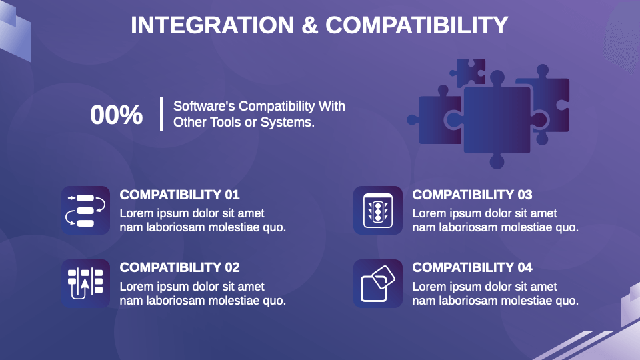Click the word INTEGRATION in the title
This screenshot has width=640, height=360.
(212, 25)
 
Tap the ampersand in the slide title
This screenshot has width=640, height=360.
(310, 25)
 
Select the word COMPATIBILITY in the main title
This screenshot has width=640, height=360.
(417, 25)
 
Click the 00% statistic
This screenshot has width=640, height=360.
(116, 114)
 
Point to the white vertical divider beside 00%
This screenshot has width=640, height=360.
(161, 114)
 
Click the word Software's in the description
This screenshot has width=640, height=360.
(204, 106)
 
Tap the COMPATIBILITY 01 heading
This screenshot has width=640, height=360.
(179, 195)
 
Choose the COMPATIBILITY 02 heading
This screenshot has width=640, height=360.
(179, 267)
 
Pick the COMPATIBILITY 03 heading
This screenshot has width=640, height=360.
(472, 195)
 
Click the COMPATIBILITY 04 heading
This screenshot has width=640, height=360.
(472, 267)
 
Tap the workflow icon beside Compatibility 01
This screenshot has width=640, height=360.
(86, 210)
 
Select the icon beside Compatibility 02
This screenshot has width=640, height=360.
(86, 283)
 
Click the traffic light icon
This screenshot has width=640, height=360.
(378, 210)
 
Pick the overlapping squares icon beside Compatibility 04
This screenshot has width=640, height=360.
(378, 283)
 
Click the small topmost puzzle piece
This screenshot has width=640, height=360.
(470, 71)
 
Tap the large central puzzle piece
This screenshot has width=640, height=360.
(497, 120)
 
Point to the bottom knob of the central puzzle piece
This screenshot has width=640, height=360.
(497, 161)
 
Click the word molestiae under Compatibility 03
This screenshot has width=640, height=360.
(529, 227)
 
